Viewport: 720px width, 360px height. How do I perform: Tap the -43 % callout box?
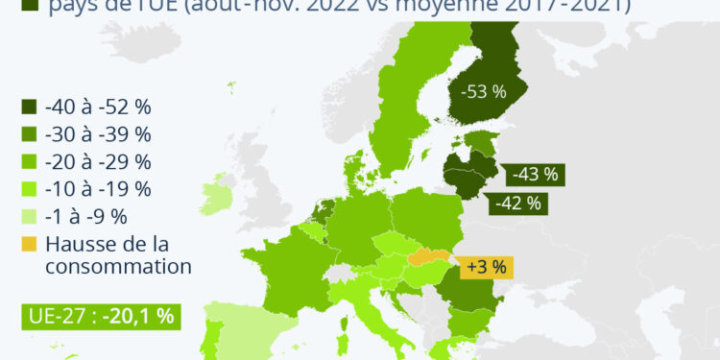click(535, 175)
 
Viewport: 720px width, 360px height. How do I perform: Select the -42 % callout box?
click(517, 203)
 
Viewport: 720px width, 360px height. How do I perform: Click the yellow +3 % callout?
click(485, 267)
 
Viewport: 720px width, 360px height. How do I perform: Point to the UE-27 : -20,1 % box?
click(99, 317)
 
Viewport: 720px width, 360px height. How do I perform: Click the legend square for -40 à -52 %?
click(29, 108)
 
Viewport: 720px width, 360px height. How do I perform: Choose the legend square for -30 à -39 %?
click(29, 134)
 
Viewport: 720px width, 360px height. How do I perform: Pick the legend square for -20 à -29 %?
click(29, 161)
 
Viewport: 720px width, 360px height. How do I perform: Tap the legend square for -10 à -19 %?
click(29, 188)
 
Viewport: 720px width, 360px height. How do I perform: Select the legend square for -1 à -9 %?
click(29, 215)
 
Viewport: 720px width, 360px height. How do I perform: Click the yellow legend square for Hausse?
click(29, 243)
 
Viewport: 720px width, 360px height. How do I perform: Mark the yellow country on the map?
click(429, 257)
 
